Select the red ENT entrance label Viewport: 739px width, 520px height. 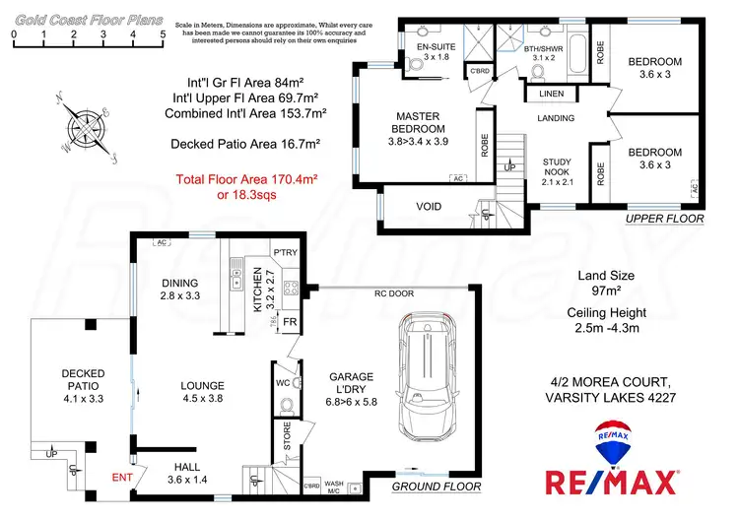tap(121, 477)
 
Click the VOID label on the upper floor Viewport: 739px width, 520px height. tap(429, 206)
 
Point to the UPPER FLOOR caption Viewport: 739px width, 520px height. tap(665, 218)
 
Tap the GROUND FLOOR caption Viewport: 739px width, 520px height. tap(437, 487)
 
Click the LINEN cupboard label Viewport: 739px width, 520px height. tap(551, 94)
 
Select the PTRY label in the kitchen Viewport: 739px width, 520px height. tap(285, 253)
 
